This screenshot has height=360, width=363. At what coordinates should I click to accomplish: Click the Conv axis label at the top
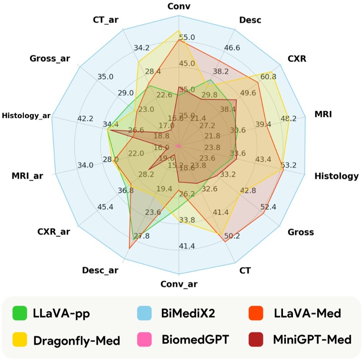179,7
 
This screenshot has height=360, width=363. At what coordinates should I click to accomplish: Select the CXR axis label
296,59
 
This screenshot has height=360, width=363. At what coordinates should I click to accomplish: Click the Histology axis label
336,176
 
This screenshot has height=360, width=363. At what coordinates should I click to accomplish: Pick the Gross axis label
301,232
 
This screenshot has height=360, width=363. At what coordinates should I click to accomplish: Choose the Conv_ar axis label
179,285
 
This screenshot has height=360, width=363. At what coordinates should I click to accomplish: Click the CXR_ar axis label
53,232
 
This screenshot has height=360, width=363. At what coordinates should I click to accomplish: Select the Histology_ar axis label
26,115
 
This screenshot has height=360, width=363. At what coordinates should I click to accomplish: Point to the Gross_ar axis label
50,59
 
